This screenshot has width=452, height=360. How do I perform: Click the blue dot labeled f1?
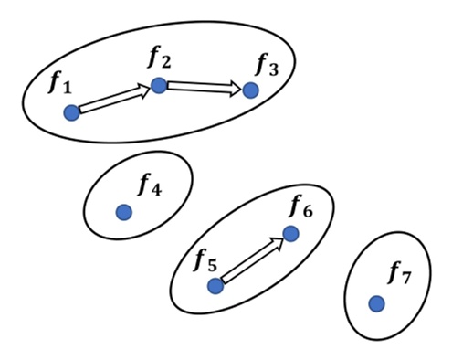point(71,112)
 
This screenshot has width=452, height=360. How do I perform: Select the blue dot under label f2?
point(159,85)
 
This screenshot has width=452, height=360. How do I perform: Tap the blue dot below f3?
point(250,90)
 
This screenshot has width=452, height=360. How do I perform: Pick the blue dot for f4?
point(124,212)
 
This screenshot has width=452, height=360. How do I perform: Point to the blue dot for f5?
point(215,286)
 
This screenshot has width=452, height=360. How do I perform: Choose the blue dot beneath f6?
point(290,234)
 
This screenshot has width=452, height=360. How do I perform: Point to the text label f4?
point(149,185)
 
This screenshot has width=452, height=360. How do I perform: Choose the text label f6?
point(300,207)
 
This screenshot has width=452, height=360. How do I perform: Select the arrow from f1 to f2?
point(114,100)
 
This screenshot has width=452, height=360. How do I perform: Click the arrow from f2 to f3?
point(205,88)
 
